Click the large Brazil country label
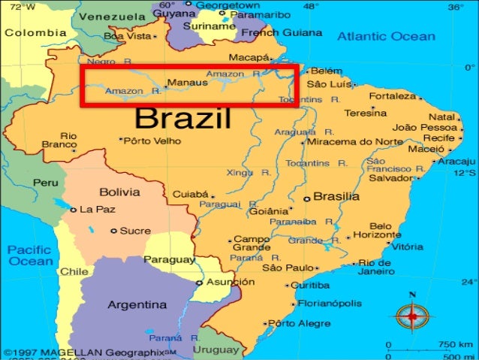[183, 119]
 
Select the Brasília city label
[336, 196]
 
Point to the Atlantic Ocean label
[385, 36]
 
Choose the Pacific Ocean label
[31, 255]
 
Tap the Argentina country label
[137, 305]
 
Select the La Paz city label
[96, 209]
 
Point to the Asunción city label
[230, 282]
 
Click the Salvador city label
[388, 178]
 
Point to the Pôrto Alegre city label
[300, 323]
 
